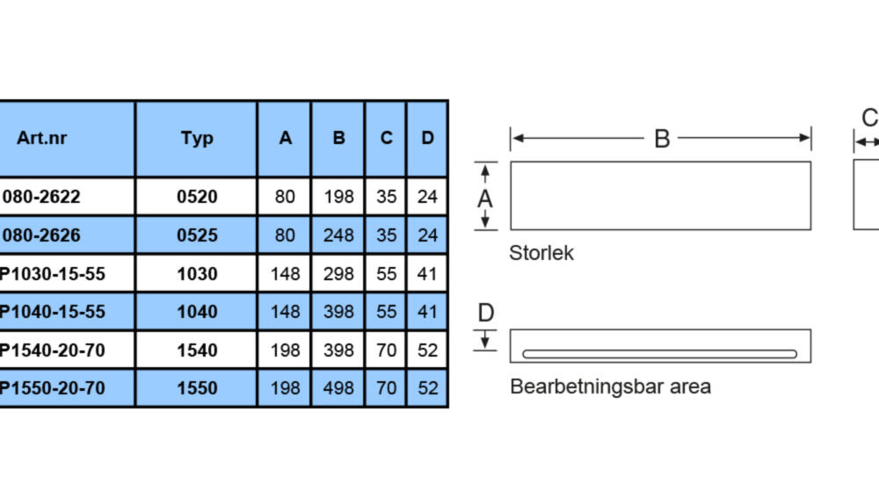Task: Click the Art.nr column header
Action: (41, 138)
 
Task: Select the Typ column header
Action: (197, 138)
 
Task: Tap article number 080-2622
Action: (41, 197)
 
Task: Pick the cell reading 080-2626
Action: (41, 235)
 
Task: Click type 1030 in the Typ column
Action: (197, 274)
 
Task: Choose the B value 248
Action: (338, 235)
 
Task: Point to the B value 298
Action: (338, 274)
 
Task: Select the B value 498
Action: (338, 388)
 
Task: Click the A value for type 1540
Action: (285, 350)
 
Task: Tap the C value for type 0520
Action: (386, 197)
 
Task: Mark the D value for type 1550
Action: (427, 388)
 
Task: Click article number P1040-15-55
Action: (52, 312)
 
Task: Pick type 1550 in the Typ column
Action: (197, 388)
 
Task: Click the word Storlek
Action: (541, 253)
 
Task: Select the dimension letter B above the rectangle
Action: (662, 138)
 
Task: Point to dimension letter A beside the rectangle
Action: (485, 199)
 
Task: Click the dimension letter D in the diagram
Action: (486, 313)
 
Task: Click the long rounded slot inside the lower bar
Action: (660, 354)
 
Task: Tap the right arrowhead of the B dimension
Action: (804, 138)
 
